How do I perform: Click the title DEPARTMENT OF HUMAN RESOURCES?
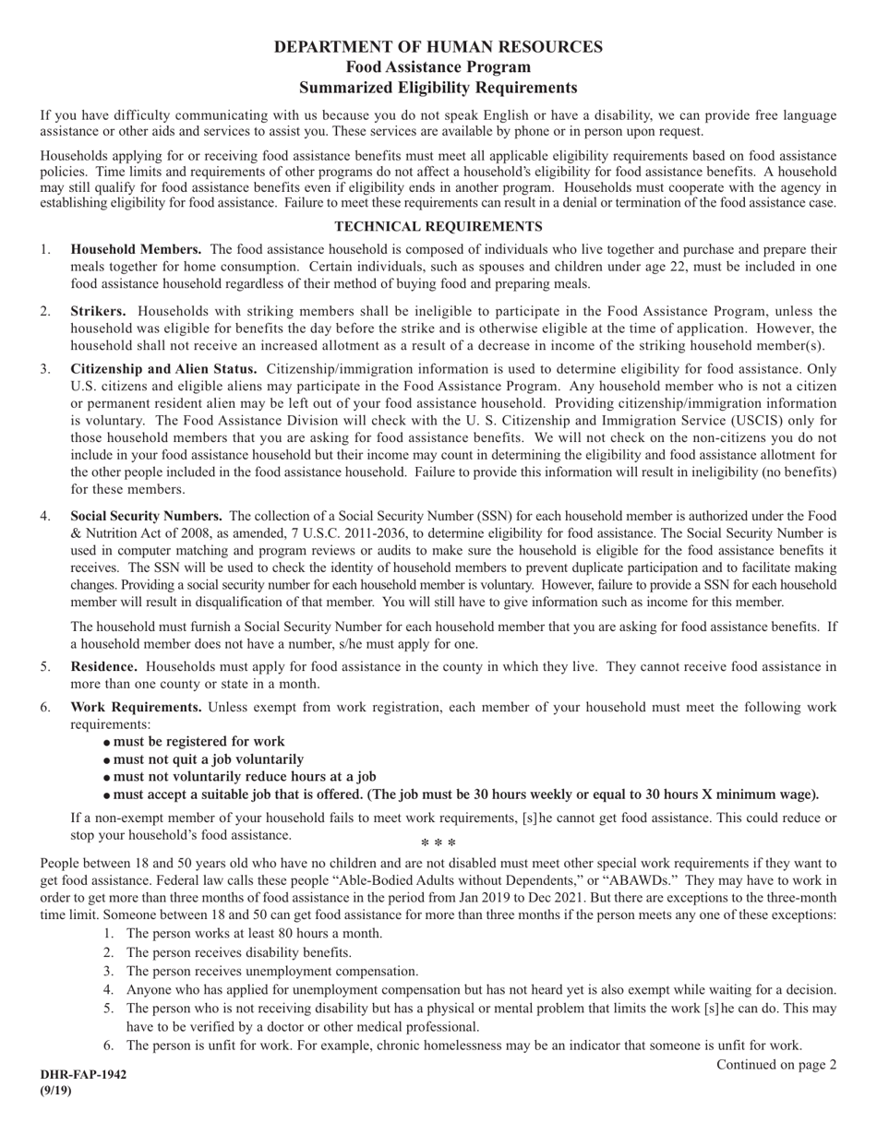(x=438, y=46)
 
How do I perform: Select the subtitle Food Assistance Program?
(x=438, y=67)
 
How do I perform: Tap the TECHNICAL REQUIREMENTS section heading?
(x=438, y=226)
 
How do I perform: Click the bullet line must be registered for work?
(x=198, y=742)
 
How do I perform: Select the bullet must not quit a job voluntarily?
(x=208, y=759)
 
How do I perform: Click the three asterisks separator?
(x=438, y=843)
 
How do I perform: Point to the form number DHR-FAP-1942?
(x=83, y=1075)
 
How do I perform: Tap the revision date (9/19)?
(x=55, y=1090)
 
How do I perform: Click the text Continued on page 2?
(x=776, y=1065)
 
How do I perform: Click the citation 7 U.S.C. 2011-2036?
(x=284, y=532)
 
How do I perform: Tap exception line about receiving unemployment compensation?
(x=271, y=971)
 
